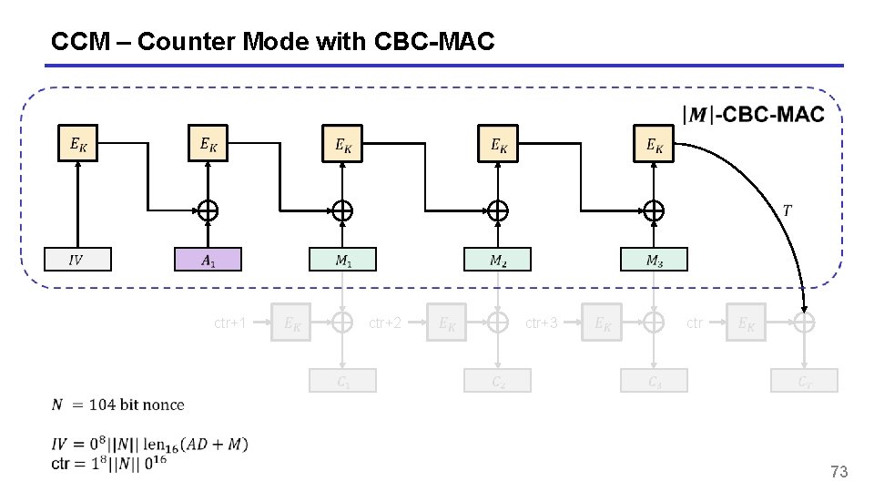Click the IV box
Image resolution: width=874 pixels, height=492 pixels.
[x=78, y=260]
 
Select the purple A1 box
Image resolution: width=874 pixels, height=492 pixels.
[x=208, y=260]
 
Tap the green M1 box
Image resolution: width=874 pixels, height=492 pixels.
[x=342, y=260]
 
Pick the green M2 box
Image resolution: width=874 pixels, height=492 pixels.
[x=497, y=260]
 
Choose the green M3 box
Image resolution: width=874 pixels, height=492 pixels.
[x=654, y=260]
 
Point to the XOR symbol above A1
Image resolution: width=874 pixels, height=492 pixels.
[x=208, y=210]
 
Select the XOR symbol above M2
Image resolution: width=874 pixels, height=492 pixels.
[x=497, y=210]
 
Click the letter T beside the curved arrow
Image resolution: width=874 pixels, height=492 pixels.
[x=787, y=210]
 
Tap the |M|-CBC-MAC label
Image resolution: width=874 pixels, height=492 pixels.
[x=753, y=114]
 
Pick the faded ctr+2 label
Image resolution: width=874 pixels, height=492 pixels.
[x=385, y=323]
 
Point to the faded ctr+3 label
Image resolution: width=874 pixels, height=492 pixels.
[x=542, y=323]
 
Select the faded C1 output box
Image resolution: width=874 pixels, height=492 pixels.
[x=342, y=382]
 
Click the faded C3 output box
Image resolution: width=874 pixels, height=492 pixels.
[x=654, y=382]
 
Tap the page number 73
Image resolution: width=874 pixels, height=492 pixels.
[x=838, y=472]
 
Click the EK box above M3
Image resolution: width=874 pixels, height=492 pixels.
[x=654, y=143]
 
